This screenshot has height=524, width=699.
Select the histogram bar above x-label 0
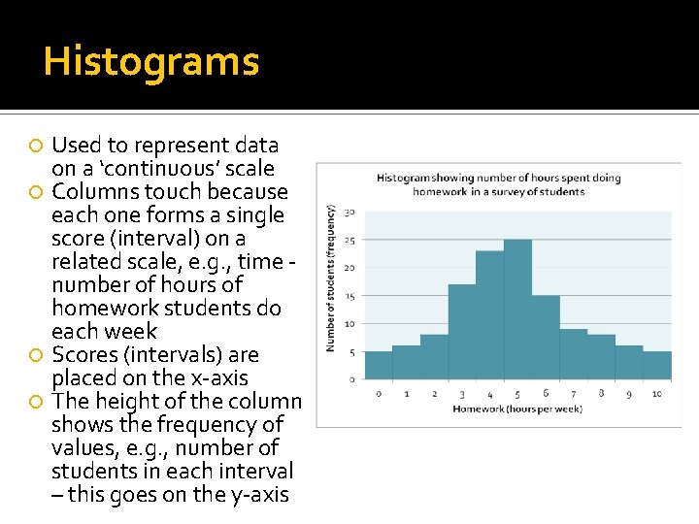tap(379, 365)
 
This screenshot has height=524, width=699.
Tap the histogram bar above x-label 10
tap(657, 365)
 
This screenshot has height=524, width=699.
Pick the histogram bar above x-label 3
tap(462, 331)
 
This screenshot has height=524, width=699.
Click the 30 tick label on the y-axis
tap(349, 213)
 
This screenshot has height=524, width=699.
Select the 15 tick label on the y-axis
tap(349, 296)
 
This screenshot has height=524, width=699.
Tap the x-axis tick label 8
tap(602, 393)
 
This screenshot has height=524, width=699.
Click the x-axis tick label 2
tap(434, 393)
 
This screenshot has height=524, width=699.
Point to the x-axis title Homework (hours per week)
tap(516, 409)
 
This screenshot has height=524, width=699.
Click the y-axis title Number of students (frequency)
tap(332, 278)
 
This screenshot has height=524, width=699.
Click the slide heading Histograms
tap(151, 61)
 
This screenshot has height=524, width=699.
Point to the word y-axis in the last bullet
tap(255, 495)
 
